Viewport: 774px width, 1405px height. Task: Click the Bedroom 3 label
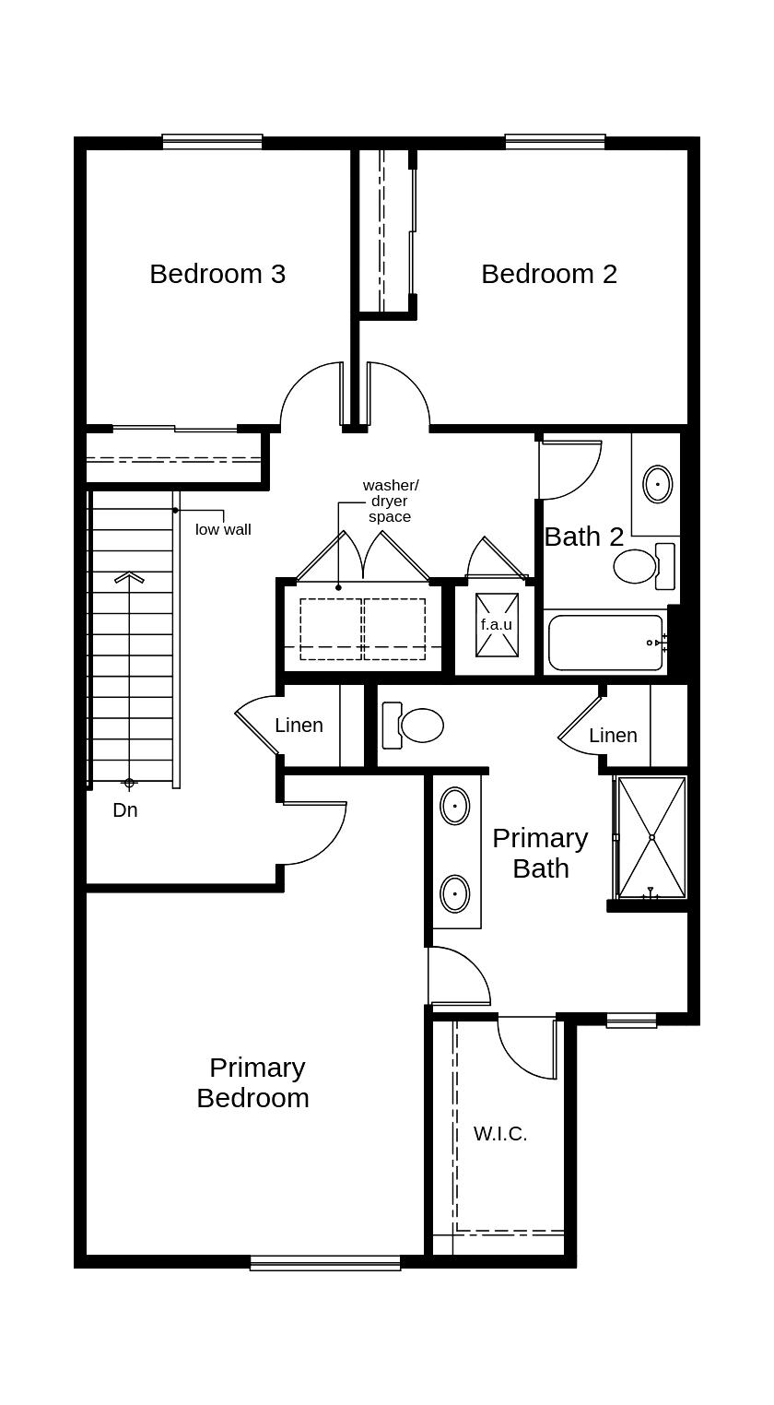[217, 274]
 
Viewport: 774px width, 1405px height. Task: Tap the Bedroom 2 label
[549, 274]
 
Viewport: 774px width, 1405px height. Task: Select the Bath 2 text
[584, 537]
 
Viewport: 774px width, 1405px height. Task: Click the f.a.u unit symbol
[497, 624]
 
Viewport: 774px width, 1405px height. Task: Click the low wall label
[223, 529]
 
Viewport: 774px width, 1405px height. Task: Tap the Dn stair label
[125, 810]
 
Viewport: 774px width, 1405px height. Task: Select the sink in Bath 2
[657, 484]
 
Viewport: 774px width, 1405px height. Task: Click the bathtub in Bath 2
[605, 643]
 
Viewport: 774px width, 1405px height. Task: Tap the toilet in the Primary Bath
[415, 726]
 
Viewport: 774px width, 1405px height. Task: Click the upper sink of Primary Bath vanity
[454, 807]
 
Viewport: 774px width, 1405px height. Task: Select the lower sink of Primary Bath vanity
[454, 893]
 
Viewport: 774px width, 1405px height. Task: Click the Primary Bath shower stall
[651, 837]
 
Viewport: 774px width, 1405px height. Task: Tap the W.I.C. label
[500, 1134]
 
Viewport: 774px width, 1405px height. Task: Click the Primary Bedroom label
[252, 1082]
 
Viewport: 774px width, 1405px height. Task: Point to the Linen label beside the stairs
[299, 726]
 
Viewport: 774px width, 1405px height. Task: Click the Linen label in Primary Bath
[613, 736]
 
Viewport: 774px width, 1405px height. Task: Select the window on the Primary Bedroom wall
[325, 1262]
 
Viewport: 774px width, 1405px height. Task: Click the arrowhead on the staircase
[130, 578]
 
